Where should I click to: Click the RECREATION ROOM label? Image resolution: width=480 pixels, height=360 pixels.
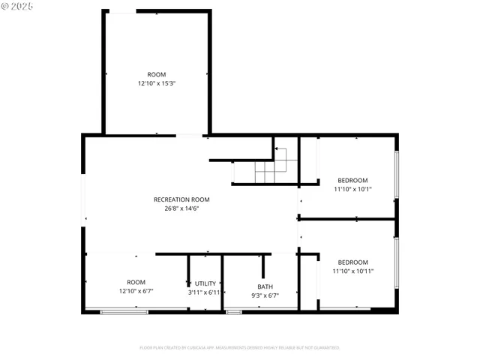(x=181, y=199)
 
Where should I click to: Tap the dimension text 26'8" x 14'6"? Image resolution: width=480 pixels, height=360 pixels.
(x=181, y=208)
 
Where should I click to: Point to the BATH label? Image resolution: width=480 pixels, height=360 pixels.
(x=265, y=286)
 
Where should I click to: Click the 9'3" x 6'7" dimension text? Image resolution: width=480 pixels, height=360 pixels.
(x=265, y=295)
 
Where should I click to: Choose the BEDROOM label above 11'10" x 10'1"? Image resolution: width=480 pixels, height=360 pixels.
(x=352, y=180)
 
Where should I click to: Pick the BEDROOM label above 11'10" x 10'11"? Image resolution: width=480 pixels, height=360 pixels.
(x=352, y=262)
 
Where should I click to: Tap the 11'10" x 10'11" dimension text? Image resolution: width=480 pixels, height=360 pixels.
(x=352, y=271)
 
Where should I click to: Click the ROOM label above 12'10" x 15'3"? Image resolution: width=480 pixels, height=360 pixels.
(x=156, y=74)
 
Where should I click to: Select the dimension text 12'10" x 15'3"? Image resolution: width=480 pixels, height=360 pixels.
(x=156, y=83)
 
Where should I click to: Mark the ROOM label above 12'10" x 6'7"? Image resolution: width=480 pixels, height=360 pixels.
(x=136, y=282)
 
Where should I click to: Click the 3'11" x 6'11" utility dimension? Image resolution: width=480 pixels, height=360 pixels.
(x=204, y=292)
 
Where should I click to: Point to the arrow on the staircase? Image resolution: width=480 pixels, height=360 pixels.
(x=280, y=151)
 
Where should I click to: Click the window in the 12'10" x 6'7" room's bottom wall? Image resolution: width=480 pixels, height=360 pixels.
(x=124, y=311)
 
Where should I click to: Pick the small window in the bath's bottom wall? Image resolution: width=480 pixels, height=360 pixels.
(x=234, y=311)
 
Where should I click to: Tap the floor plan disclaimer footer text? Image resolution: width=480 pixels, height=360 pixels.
(x=240, y=347)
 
